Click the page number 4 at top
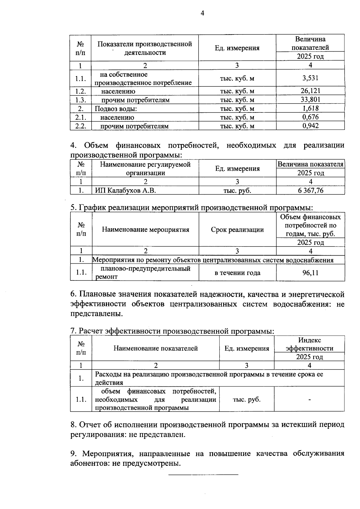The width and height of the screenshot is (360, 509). click(202, 13)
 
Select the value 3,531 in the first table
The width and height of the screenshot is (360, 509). click(310, 78)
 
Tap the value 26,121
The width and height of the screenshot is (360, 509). click(310, 91)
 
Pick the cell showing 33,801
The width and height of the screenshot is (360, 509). click(310, 100)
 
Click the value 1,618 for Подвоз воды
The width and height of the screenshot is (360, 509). click(310, 108)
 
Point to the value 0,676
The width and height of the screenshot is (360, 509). click(310, 117)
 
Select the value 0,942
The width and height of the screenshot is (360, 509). click(310, 126)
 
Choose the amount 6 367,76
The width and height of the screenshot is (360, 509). click(310, 190)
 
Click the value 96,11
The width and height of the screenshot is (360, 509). click(310, 273)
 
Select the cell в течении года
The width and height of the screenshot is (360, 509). click(237, 273)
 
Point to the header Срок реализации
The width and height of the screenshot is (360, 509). click(237, 230)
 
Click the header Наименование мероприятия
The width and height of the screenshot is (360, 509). click(145, 230)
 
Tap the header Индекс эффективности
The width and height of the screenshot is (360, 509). click(309, 344)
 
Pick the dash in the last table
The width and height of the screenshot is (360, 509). click(309, 400)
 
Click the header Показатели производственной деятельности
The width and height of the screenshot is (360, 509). click(145, 48)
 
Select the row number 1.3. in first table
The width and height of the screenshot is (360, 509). click(80, 100)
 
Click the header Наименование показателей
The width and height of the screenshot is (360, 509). click(155, 348)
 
